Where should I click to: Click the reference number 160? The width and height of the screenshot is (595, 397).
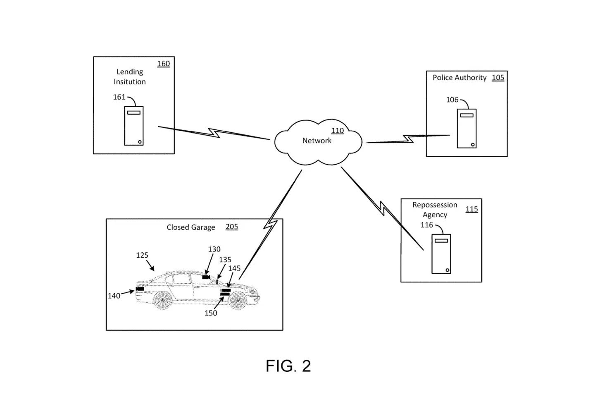(164, 64)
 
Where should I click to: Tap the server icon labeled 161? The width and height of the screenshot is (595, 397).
(134, 125)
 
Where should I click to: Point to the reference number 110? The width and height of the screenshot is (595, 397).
(338, 131)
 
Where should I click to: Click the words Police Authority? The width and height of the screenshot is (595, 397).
(459, 78)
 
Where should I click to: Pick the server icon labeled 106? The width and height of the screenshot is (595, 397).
(466, 128)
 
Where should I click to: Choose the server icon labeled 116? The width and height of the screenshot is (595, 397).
(441, 254)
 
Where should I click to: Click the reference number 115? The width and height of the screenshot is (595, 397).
(471, 209)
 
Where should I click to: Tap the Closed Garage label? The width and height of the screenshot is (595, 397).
(191, 227)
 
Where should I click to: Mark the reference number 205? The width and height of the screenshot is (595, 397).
(232, 227)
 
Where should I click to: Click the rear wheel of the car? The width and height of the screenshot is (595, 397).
(162, 300)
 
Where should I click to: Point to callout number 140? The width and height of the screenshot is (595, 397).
(114, 296)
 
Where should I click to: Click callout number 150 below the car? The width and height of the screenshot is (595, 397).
(211, 313)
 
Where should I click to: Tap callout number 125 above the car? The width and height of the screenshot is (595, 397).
(142, 255)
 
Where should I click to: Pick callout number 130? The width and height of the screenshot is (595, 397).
(214, 249)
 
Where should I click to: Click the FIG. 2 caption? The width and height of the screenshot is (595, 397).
(288, 366)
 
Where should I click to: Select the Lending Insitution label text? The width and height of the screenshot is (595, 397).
(130, 77)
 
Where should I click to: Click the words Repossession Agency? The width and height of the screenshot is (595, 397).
(435, 210)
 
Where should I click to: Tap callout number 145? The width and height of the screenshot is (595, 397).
(234, 268)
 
